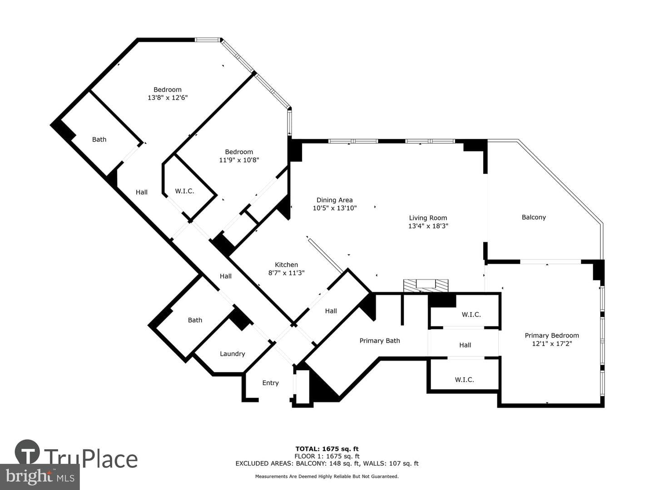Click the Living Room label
coord(428,218)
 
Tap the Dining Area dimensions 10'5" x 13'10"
coord(335,208)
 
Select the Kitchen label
coord(286,265)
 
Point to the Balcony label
coord(534,217)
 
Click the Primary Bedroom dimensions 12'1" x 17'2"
coord(552,343)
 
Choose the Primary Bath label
coord(380,341)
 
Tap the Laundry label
coord(233,354)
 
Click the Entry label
coord(271,383)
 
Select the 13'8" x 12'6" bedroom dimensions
coord(168,98)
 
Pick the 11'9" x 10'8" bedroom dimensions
coord(239,160)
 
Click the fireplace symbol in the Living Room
coord(426,286)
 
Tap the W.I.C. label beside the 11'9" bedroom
coord(184,191)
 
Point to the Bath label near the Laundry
coord(195,320)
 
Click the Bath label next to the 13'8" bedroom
coord(99,139)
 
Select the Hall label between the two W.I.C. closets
coord(465,345)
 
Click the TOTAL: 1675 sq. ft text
coord(327,449)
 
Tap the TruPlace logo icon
coord(27,452)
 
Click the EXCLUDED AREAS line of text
coord(327,463)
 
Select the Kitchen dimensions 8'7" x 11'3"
coord(286,273)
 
